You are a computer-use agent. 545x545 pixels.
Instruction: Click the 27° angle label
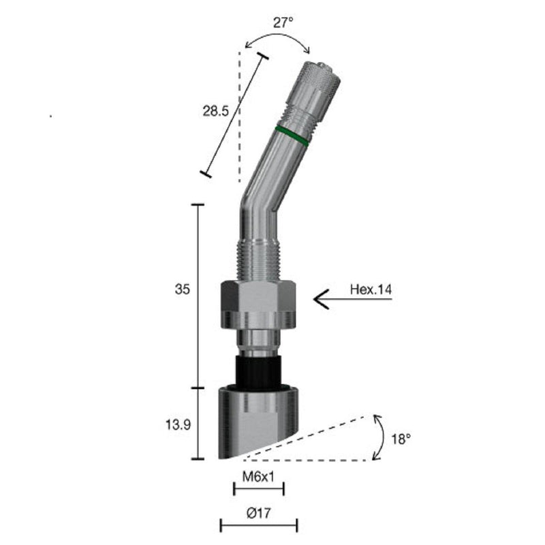click(x=283, y=23)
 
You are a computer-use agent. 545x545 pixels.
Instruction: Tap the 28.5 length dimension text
click(x=215, y=111)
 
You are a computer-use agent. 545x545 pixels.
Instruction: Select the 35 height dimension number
click(x=183, y=289)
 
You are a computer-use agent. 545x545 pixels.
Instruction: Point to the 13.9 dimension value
click(x=178, y=424)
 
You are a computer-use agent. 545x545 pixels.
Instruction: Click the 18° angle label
click(x=401, y=439)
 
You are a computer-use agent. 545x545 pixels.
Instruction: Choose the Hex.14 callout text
click(x=371, y=289)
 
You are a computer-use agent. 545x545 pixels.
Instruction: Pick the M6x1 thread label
click(x=258, y=476)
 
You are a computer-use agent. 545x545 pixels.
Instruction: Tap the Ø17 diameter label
click(x=259, y=513)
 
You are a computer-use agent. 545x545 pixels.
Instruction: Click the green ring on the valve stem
click(x=292, y=136)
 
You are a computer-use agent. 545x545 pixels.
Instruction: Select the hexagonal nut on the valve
click(x=258, y=305)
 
